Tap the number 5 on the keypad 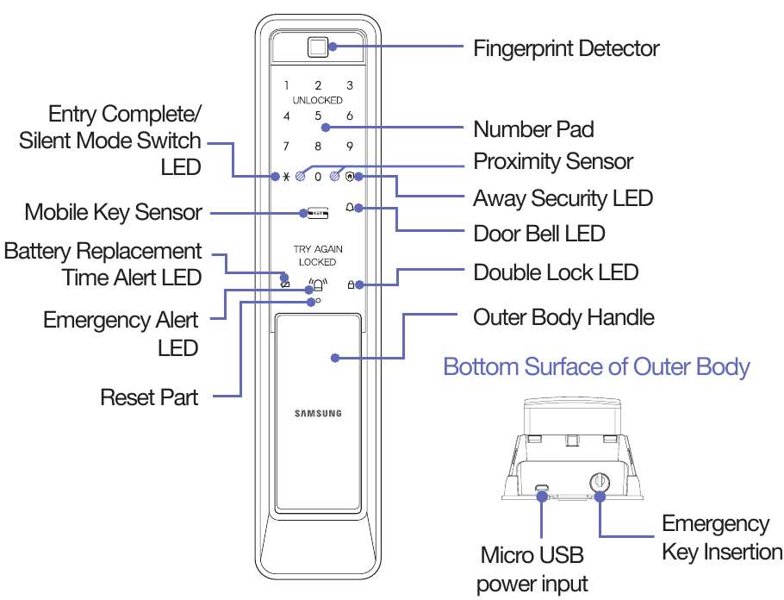point(318,116)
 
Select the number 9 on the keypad point(350,147)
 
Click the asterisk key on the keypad point(286,177)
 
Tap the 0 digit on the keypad point(318,177)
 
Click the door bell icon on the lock point(350,208)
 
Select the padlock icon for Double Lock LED point(351,284)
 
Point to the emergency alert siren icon point(318,284)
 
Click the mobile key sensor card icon point(318,212)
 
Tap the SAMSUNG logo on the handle point(318,414)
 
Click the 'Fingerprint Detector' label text point(566,48)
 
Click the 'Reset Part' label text point(149,397)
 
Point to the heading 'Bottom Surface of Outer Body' point(596,366)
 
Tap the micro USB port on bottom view point(542,490)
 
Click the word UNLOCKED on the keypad point(318,100)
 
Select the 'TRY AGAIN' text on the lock point(318,249)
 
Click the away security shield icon point(349,177)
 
